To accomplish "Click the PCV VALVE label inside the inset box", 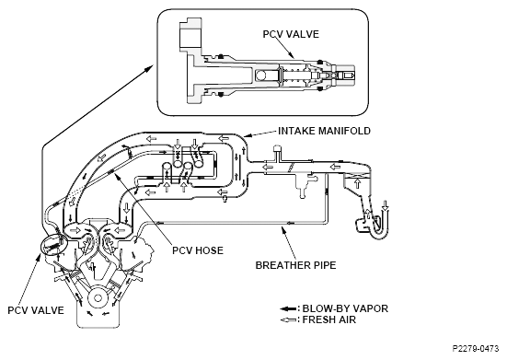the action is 291,34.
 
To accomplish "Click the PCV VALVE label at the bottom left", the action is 36,310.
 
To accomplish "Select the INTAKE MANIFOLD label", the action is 324,131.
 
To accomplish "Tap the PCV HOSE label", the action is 198,250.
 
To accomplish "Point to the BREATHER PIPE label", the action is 296,265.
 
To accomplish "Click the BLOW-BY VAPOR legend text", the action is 345,308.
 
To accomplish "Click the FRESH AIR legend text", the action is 329,319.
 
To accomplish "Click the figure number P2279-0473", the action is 476,349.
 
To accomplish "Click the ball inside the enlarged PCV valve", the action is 260,75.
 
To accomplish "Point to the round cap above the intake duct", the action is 277,149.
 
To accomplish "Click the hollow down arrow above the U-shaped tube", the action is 385,205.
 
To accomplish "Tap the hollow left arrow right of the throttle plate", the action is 335,167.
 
